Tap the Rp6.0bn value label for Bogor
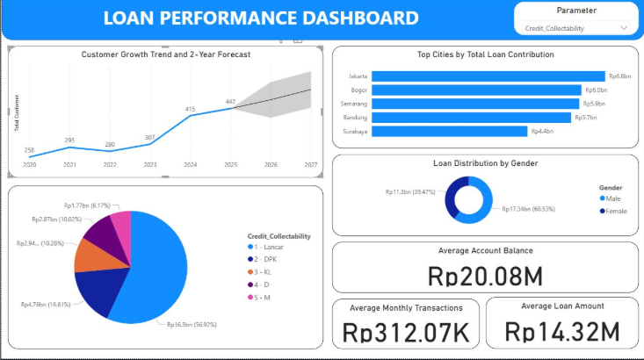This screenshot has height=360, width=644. point(596,90)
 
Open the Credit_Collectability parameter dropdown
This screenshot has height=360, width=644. point(576,28)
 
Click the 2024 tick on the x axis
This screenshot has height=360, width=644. point(190,164)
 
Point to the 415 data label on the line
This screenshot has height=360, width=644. point(190,109)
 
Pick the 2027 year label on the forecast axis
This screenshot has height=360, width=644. point(310,164)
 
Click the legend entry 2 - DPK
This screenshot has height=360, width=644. point(268,261)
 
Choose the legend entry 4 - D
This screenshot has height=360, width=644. point(266,284)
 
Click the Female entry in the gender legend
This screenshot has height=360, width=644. point(615,211)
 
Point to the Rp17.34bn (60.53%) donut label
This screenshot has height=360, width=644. point(530,209)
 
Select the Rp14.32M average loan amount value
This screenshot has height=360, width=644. point(562,331)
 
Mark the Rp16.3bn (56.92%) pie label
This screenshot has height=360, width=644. point(192,324)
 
